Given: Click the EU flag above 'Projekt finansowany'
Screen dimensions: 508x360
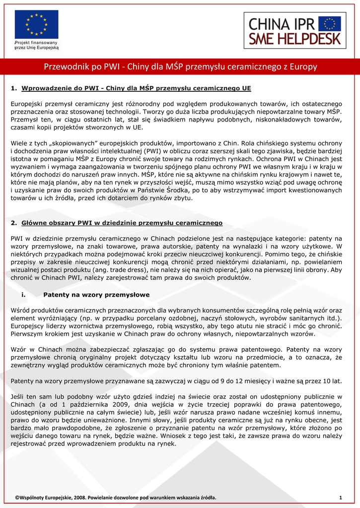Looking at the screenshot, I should [x=36, y=25].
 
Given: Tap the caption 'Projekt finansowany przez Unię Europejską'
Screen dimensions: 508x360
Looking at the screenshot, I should [x=36, y=46].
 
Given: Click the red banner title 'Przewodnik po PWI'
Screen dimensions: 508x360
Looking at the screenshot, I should [x=180, y=66].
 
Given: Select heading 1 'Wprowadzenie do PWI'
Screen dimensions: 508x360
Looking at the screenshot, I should [x=136, y=88].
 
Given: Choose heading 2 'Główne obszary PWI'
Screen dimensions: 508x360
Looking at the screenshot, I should [x=122, y=223].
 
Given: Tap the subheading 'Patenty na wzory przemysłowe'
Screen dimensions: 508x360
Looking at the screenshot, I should [x=96, y=295].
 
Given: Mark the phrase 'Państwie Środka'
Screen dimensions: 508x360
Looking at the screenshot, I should [x=255, y=190].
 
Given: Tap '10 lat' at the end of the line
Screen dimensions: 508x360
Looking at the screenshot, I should [x=333, y=381].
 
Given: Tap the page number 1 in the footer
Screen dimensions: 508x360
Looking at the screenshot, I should [x=341, y=498].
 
